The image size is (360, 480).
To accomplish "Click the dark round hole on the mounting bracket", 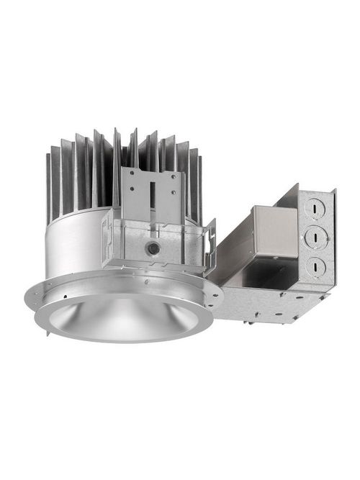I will click(x=152, y=248).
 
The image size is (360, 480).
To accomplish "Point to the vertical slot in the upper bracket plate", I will click(x=152, y=198).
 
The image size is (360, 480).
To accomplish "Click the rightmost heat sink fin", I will click(x=199, y=187).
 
